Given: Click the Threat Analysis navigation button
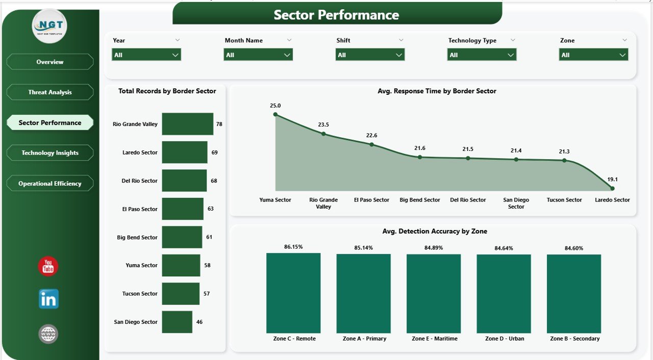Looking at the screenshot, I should coord(50,92).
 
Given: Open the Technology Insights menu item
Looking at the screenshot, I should coord(50,153).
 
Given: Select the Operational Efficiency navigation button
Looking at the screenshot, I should coord(50,184).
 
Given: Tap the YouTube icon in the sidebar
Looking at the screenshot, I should coord(48,267).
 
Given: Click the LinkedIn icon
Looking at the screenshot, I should coord(48,299).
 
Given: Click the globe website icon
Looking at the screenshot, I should coord(48,334).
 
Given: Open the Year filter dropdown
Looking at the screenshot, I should coord(146,55).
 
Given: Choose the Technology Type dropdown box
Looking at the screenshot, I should coord(482,55).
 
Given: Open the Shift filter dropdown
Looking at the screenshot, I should coord(370,55).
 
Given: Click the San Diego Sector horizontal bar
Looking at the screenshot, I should coord(177,322).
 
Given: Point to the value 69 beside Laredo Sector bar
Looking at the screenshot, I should coord(215,152).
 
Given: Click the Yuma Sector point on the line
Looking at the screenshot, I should coord(275,114).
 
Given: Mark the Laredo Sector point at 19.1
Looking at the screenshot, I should coord(612,188).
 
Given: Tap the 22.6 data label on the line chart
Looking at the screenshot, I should coord(372,135).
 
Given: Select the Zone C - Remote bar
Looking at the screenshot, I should coord(293,293).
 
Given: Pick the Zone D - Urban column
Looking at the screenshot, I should coord(504,293).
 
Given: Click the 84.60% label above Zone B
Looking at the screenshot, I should coord(574,248).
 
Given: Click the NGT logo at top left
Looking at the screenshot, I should coord(49,26).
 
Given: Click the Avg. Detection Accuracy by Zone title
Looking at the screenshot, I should coord(434,232).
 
